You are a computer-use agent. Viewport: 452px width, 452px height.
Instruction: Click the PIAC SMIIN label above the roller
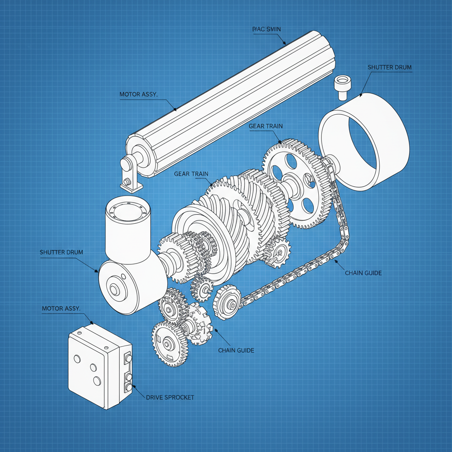[x=266, y=29]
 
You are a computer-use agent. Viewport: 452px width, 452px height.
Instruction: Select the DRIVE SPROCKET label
[x=169, y=397]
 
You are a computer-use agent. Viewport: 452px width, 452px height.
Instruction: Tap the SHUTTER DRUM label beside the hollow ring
[x=389, y=68]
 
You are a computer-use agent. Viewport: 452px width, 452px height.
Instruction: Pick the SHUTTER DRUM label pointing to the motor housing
[x=61, y=252]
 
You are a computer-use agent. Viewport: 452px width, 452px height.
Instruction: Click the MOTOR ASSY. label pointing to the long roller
[x=139, y=94]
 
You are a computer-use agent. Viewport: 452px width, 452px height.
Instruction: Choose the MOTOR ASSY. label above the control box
[x=61, y=308]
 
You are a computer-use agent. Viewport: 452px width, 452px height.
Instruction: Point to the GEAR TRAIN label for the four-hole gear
[x=266, y=126]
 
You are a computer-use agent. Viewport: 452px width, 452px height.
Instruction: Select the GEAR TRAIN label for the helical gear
[x=191, y=173]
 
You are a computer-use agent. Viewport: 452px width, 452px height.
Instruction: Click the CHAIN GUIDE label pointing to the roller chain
[x=363, y=273]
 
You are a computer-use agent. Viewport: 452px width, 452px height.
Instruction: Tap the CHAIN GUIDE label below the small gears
[x=236, y=350]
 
